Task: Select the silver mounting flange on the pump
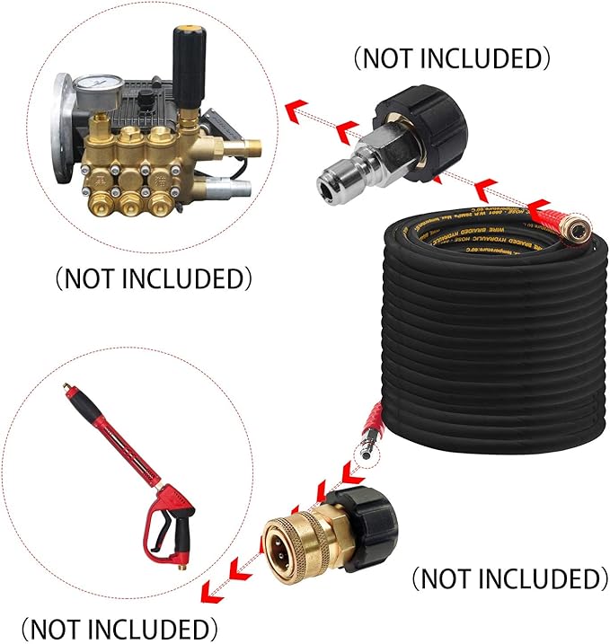[65, 126]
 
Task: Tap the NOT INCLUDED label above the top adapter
[450, 58]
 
